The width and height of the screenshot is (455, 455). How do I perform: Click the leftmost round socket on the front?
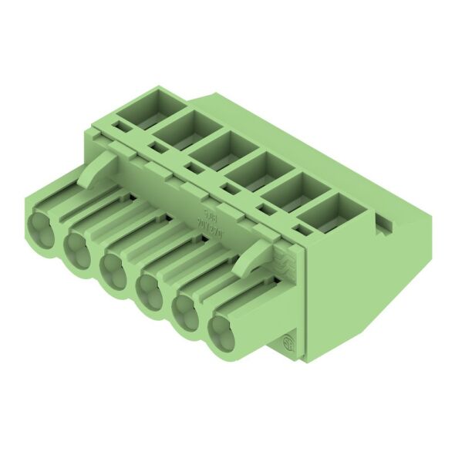tap(40, 229)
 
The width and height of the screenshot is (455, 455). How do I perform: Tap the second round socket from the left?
tap(76, 249)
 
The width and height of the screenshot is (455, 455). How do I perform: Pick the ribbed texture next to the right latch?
tap(284, 261)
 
